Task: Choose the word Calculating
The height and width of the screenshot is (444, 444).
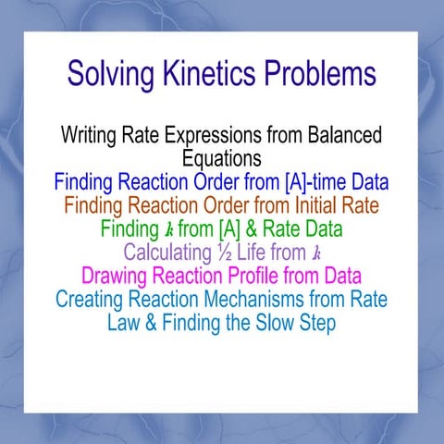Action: [x=167, y=252]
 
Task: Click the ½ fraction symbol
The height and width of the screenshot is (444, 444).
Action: [x=225, y=252]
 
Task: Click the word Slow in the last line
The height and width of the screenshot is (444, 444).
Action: [x=275, y=324]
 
